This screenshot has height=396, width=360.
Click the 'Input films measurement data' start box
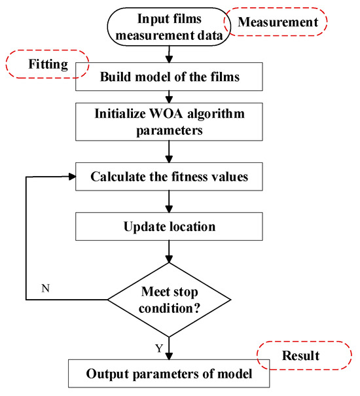tap(170, 27)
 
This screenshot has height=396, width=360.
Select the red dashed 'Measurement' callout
tap(274, 23)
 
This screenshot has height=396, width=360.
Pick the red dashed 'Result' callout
tap(301, 355)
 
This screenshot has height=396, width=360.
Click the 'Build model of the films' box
tap(169, 76)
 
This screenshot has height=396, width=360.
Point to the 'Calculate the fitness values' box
tap(169, 177)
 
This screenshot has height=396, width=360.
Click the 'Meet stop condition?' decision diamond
tap(169, 300)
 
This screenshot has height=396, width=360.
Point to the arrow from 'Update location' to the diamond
tap(169, 252)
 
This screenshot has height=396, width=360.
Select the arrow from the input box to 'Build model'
tap(169, 52)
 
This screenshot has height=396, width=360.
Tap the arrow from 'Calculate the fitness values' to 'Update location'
tap(169, 201)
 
